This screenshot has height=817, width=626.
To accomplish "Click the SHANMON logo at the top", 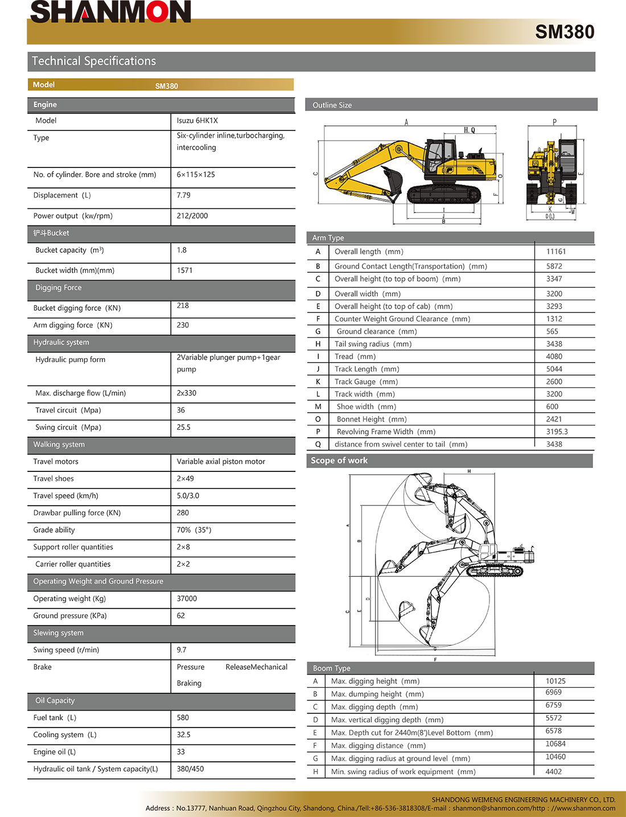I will click(x=110, y=12).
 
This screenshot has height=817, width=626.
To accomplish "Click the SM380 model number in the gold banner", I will click(x=564, y=32).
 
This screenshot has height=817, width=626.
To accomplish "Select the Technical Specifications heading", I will click(x=94, y=61).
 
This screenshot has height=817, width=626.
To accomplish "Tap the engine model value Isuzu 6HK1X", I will click(x=197, y=121).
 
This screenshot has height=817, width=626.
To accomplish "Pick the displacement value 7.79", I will click(x=183, y=195).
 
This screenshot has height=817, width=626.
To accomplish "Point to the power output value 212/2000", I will click(x=192, y=216).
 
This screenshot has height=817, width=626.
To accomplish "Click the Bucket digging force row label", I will click(x=77, y=308).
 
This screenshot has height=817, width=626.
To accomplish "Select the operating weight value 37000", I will click(x=187, y=598).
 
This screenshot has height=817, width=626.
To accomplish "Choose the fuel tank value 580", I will click(x=183, y=718).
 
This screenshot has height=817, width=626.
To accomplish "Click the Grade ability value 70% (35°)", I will click(x=193, y=530).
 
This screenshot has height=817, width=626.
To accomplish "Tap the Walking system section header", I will click(x=59, y=445).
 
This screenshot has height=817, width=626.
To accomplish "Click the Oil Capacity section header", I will click(x=55, y=701).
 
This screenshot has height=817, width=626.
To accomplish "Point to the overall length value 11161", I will click(x=556, y=252).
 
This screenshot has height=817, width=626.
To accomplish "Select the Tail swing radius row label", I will click(x=373, y=344).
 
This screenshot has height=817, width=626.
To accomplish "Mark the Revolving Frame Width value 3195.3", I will click(x=557, y=432).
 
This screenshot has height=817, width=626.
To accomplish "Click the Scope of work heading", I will click(x=339, y=461).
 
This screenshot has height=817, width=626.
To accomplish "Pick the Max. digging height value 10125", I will click(x=555, y=681).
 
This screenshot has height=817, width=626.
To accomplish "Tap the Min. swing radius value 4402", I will click(x=553, y=771).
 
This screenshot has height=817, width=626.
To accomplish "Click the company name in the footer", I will click(x=523, y=799).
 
